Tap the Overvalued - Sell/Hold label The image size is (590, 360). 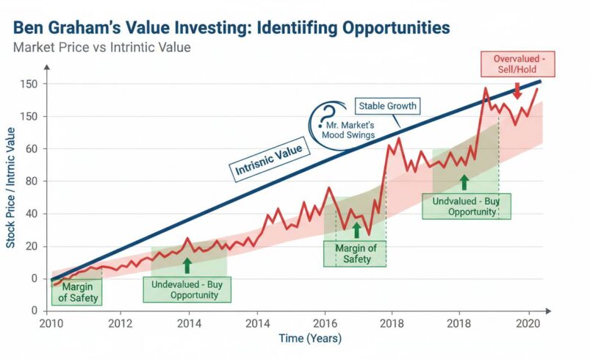pyautogui.click(x=517, y=64)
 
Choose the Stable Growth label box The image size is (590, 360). pyautogui.click(x=387, y=106)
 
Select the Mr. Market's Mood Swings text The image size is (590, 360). pyautogui.click(x=349, y=130)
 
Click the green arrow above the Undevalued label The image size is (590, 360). pyautogui.click(x=187, y=265)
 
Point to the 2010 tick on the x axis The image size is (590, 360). pyautogui.click(x=51, y=323)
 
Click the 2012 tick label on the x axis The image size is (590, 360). pyautogui.click(x=120, y=323)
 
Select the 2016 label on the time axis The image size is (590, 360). pyautogui.click(x=324, y=323)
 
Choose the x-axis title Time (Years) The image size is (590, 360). pyautogui.click(x=310, y=339)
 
